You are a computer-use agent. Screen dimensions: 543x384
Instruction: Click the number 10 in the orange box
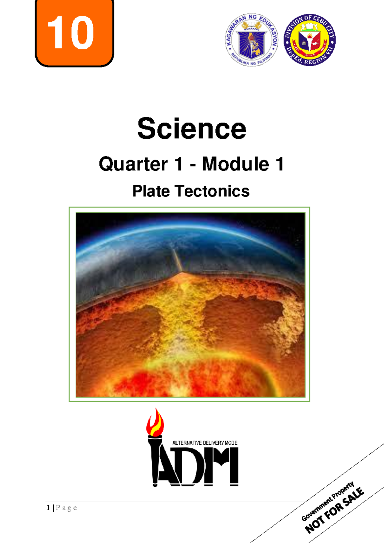point(71,33)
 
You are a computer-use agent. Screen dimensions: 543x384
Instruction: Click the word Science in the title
point(192,129)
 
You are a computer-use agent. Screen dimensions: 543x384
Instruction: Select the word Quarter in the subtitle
point(133,164)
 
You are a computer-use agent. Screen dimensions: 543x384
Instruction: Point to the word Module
point(235,164)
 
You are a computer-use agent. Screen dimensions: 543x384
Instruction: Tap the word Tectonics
point(212,191)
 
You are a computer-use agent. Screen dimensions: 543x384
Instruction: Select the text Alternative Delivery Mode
point(205,443)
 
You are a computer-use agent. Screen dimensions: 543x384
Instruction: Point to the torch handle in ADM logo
point(155,461)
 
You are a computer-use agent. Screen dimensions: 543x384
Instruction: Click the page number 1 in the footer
point(48,508)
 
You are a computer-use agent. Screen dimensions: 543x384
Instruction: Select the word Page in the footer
point(66,508)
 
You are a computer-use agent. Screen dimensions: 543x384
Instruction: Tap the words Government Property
point(328,501)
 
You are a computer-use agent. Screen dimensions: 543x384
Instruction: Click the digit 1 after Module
point(279,164)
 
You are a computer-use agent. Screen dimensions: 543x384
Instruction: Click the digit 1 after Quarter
point(178,164)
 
